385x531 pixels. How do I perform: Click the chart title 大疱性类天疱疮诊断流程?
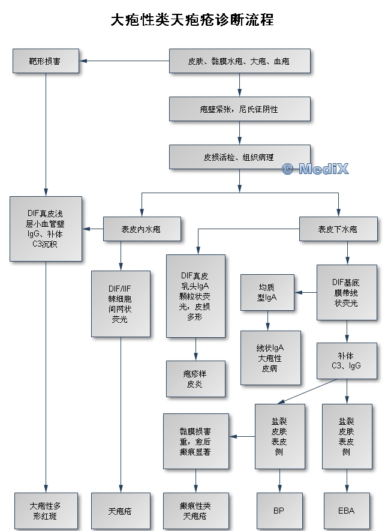tap(192, 20)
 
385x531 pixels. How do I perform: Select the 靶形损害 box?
tap(46, 61)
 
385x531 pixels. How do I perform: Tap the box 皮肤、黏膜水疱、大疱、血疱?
tap(239, 61)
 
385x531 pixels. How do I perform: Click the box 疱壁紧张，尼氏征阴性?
tap(239, 109)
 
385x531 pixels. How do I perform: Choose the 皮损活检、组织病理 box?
tap(239, 157)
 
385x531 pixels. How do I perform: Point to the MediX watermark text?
tap(315, 169)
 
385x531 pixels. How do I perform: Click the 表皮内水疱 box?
tap(141, 229)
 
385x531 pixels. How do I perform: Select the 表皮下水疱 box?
tap(338, 229)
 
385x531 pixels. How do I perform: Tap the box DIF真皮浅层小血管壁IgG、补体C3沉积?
tap(46, 229)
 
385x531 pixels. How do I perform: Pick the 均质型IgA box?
tap(267, 292)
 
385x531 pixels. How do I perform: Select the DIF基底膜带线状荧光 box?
tap(347, 292)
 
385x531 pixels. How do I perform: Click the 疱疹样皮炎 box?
tap(195, 379)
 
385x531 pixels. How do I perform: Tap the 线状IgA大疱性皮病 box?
tap(270, 358)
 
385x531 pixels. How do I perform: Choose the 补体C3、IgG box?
tap(347, 360)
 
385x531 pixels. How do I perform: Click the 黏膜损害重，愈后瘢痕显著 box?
tap(195, 440)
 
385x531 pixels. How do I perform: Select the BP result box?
tap(279, 511)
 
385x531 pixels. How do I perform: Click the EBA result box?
tap(347, 511)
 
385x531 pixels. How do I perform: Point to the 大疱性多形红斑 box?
tap(46, 511)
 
